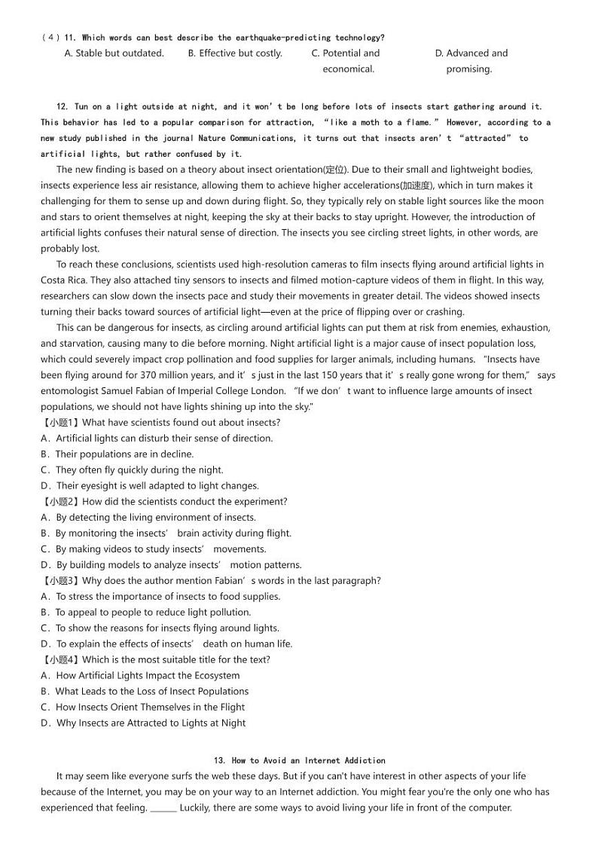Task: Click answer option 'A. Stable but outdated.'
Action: click(x=114, y=54)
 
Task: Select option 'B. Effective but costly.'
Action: click(x=235, y=54)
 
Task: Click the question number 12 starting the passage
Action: click(x=63, y=107)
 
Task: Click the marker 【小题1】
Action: click(x=59, y=423)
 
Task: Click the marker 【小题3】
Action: click(x=59, y=581)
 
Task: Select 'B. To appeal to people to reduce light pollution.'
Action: click(x=146, y=613)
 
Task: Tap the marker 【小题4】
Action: click(x=59, y=660)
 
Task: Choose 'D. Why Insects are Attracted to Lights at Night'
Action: click(x=144, y=723)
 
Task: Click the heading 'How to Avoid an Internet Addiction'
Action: click(x=308, y=761)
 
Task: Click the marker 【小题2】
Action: click(x=59, y=502)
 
